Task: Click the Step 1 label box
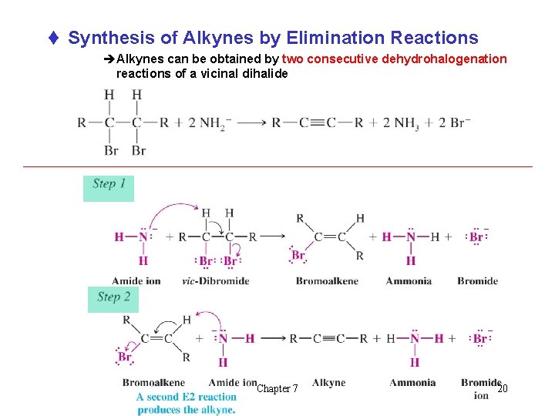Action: [x=108, y=187]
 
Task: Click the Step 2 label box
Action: [x=113, y=299]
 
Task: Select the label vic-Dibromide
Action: [x=215, y=280]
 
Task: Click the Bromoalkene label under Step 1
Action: [x=327, y=280]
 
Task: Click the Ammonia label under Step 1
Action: [x=409, y=280]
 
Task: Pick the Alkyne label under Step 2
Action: [x=329, y=383]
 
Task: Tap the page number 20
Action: [x=503, y=389]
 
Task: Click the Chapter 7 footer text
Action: [x=277, y=389]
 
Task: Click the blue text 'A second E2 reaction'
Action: [x=186, y=398]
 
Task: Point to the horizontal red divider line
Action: [x=277, y=166]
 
